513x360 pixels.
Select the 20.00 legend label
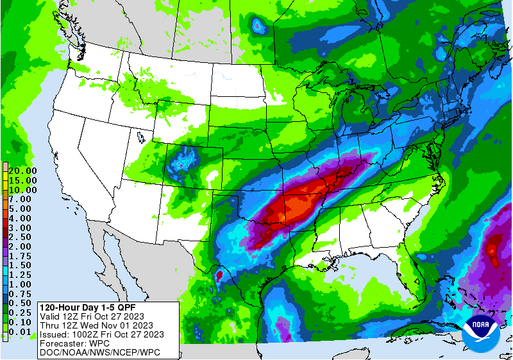tap(23, 171)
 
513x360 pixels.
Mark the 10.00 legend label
tap(23, 190)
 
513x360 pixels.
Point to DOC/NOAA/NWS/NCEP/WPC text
tap(99, 352)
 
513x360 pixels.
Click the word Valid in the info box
tap(51, 316)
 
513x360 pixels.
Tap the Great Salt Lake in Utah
tap(140, 137)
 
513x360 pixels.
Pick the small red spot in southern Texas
tap(219, 276)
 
